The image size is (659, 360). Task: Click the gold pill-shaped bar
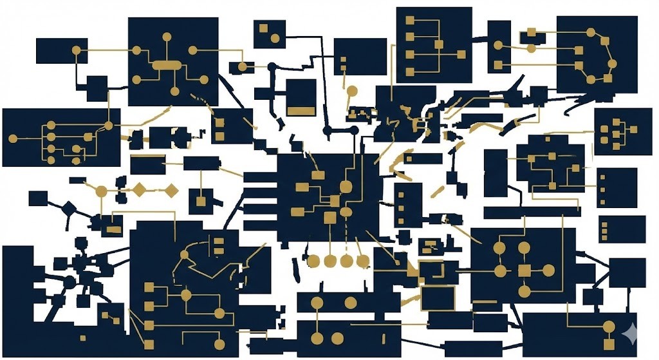click(167, 64)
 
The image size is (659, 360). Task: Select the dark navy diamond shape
click(69, 207)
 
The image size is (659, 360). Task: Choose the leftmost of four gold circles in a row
click(313, 261)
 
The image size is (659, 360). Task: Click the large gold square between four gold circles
click(524, 270)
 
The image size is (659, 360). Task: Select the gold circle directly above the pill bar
click(167, 37)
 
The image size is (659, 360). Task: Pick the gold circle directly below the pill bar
click(174, 91)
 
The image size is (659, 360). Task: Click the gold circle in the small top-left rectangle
click(76, 50)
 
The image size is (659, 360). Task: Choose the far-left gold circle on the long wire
click(12, 138)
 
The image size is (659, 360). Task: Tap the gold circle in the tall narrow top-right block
click(497, 45)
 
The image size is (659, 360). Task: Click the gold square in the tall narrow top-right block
click(497, 64)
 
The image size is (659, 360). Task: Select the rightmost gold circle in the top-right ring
click(612, 63)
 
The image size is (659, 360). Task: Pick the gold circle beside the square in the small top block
click(275, 38)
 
